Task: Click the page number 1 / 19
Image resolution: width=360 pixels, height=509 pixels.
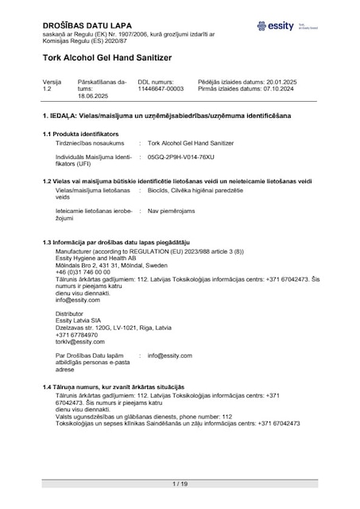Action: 180,484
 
